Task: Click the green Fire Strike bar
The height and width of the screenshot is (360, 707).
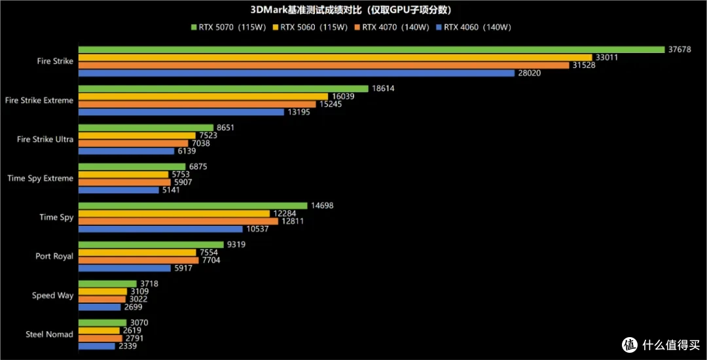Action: [x=372, y=50]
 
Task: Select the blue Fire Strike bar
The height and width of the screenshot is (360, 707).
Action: [x=297, y=73]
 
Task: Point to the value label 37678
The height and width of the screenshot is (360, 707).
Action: [x=680, y=50]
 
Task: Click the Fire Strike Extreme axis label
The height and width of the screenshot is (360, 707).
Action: [x=39, y=101]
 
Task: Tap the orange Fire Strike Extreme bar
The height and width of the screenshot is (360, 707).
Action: [x=197, y=105]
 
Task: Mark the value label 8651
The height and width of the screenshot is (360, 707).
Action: [x=225, y=128]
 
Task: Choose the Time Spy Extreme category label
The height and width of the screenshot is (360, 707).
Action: [x=40, y=179]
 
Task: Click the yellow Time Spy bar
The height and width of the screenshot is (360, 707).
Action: [x=174, y=213]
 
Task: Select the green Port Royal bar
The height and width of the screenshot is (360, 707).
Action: [x=151, y=245]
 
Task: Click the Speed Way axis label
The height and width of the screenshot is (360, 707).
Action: [x=52, y=296]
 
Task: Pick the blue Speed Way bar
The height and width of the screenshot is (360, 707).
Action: [x=100, y=307]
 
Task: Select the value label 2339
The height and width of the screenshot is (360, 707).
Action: [x=127, y=346]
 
